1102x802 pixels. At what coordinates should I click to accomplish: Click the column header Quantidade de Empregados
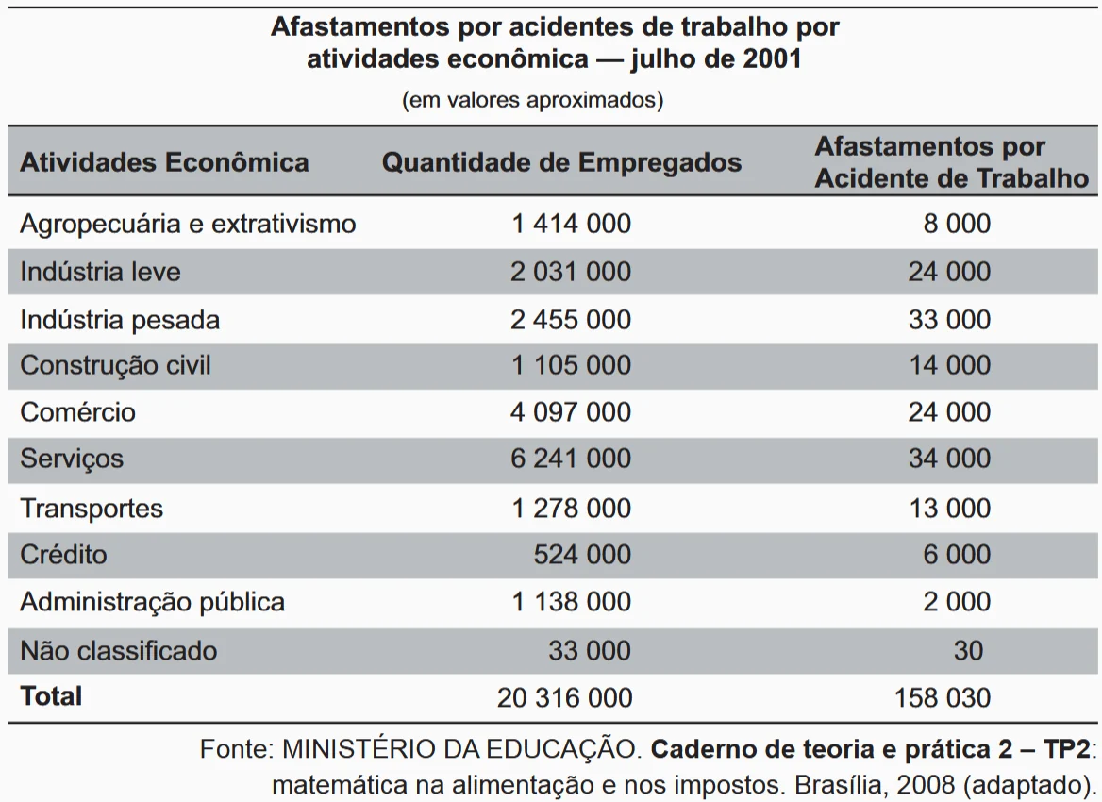pos(561,162)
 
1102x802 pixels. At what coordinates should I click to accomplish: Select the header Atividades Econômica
pos(164,162)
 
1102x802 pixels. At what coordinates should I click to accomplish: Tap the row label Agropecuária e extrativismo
pos(188,224)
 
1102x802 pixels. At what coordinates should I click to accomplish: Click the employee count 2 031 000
pos(571,272)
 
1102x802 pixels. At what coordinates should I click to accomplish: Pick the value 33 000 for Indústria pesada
pos(949,319)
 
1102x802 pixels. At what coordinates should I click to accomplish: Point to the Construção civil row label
pos(115,365)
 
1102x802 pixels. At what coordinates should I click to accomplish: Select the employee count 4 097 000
pos(571,412)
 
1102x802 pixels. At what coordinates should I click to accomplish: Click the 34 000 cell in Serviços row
pos(949,459)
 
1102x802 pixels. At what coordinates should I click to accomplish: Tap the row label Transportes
pos(92,508)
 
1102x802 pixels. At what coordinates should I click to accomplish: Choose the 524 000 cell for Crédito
pos(582,554)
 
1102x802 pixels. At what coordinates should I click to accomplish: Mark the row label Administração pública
pos(152,602)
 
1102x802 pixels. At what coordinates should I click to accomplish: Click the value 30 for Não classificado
pos(968,650)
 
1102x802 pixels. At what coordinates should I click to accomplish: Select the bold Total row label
pos(51,696)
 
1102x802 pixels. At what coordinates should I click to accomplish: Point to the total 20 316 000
pos(564,697)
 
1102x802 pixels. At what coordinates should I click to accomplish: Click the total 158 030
pos(943,697)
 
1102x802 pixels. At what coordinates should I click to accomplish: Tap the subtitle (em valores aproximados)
pos(532,100)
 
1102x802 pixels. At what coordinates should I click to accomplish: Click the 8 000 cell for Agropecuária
pos(957,224)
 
